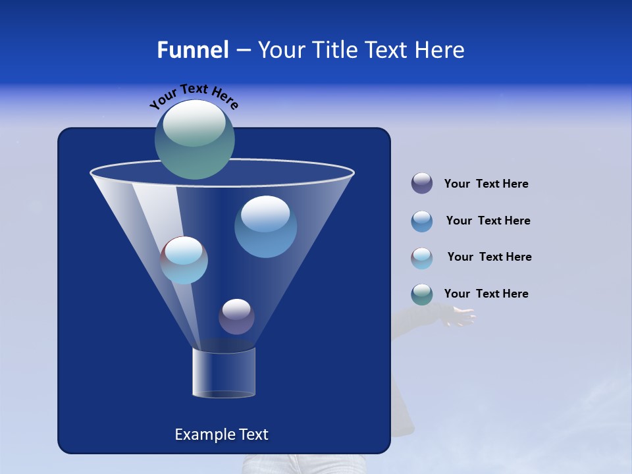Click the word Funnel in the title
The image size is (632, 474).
click(192, 50)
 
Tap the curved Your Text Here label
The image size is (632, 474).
click(194, 95)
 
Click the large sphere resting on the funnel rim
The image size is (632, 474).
click(195, 139)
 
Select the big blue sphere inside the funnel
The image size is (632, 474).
click(265, 226)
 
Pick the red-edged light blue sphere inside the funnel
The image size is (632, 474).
click(184, 260)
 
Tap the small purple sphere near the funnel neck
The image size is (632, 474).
click(236, 317)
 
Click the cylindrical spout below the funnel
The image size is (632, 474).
click(224, 372)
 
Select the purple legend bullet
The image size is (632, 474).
click(422, 184)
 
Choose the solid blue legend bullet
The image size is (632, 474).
click(422, 221)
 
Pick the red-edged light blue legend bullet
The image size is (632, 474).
click(422, 258)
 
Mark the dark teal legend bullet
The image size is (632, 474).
click(422, 294)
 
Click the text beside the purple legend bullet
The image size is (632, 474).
click(486, 184)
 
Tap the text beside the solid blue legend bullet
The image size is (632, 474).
click(488, 221)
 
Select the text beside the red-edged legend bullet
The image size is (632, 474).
click(489, 257)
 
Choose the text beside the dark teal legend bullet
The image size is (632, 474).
click(486, 294)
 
